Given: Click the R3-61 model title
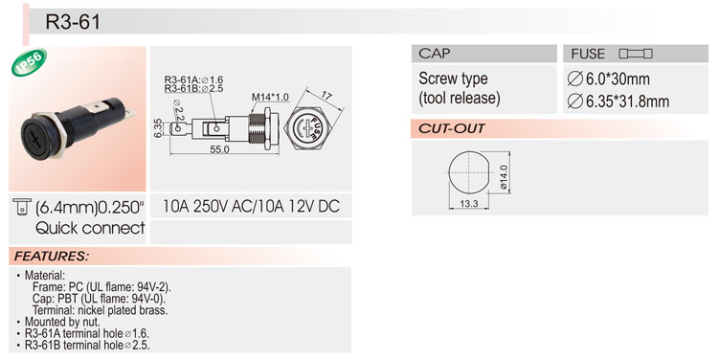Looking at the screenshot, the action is coord(73,22).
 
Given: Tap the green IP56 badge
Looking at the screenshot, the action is coord(30,62).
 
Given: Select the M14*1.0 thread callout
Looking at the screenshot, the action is coord(270,98).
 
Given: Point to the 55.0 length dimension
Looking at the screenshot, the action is coord(219,149).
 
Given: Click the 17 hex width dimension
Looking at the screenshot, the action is coord(326,96).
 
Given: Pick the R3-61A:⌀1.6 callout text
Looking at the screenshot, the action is coord(193,79).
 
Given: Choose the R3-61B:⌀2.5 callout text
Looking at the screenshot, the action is coord(193,88).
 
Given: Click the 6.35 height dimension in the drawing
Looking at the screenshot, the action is coord(157,128).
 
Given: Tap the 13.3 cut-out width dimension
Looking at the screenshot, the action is coord(468,204).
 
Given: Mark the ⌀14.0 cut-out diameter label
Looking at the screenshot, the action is coord(504,177).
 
